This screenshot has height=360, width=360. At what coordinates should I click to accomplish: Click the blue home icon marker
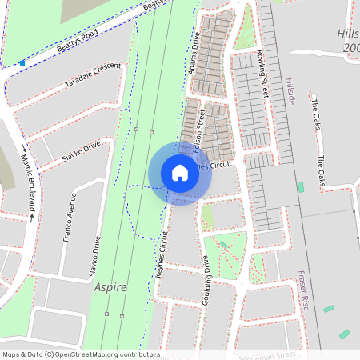[x=180, y=173]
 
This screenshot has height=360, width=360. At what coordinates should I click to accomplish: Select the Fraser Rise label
[x=303, y=291]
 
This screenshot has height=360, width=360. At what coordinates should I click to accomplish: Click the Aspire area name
[x=110, y=287]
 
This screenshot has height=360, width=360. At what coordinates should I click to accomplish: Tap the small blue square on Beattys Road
[x=22, y=62]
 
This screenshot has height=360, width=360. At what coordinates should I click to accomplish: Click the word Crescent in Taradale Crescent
[x=107, y=70]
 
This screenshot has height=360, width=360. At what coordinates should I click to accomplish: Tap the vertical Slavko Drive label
[x=94, y=254]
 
